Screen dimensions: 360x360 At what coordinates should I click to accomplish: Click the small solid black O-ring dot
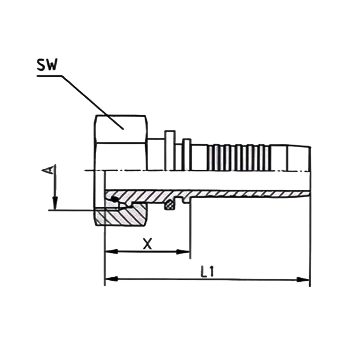tap(114, 199)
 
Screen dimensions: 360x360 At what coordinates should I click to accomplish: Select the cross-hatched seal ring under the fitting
tap(170, 205)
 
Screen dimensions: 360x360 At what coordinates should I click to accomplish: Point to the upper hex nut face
tap(121, 129)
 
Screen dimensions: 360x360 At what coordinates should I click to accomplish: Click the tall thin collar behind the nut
tap(170, 150)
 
